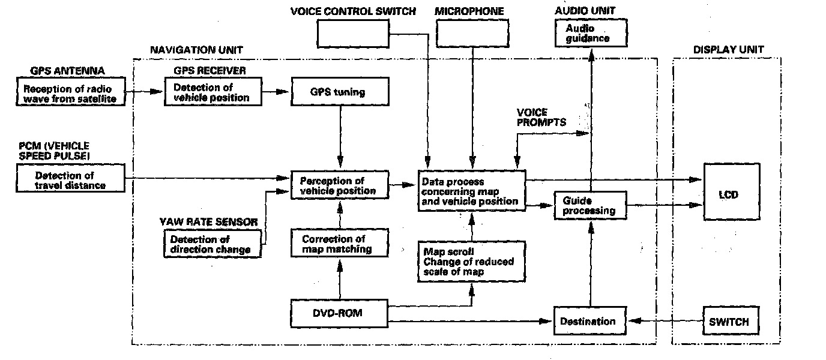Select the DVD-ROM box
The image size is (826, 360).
tap(339, 313)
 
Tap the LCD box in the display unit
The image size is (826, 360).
tap(730, 194)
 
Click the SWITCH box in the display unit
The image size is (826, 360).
tap(729, 322)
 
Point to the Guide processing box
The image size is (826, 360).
tap(589, 206)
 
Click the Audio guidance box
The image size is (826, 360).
tap(591, 33)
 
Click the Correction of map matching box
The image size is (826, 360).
tap(340, 244)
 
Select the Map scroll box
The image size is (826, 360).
tap(471, 262)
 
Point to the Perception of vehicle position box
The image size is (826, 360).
tap(340, 185)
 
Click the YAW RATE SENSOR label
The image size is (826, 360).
tap(208, 222)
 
